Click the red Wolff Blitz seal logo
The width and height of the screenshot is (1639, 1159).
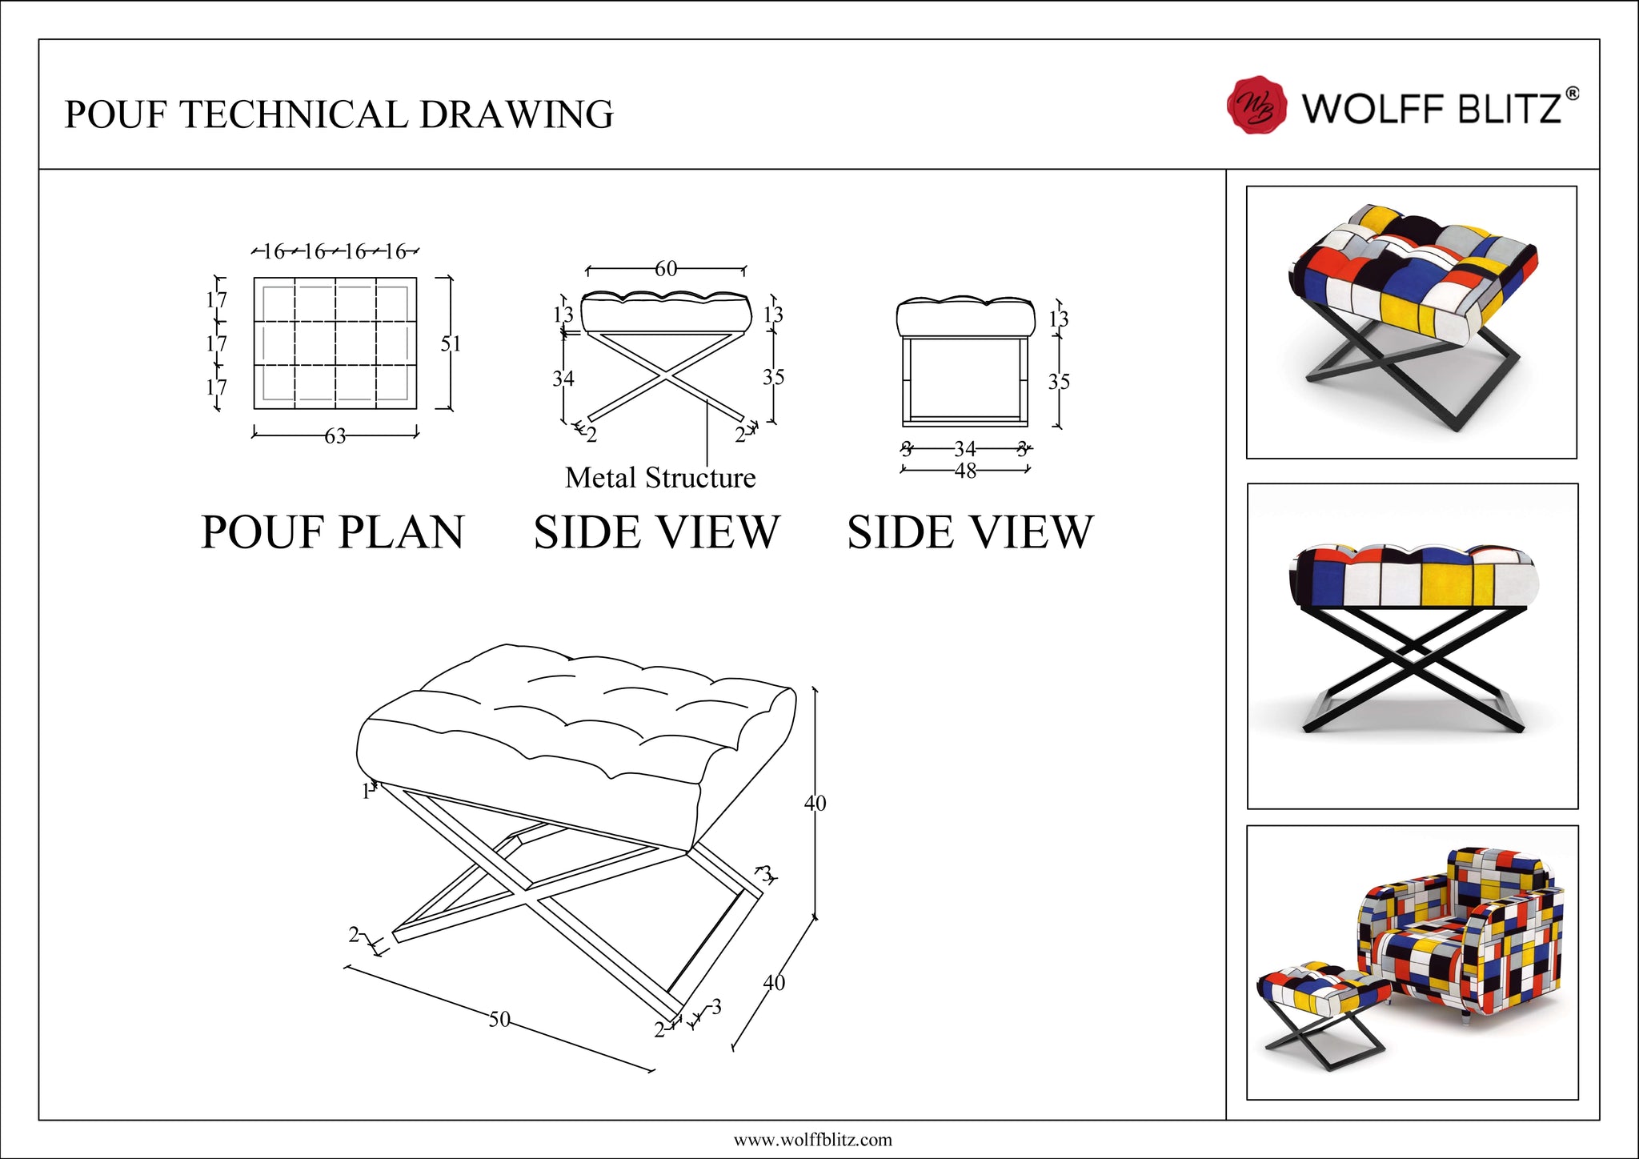(x=1256, y=106)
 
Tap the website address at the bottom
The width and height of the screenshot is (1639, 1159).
(x=812, y=1140)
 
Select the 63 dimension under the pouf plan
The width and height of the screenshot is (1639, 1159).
(x=335, y=436)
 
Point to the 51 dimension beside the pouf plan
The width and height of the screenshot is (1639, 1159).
(x=451, y=343)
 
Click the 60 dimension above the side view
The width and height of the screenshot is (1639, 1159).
(x=666, y=269)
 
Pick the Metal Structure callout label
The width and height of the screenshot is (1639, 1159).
(x=660, y=478)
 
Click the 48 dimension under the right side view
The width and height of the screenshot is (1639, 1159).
(x=965, y=471)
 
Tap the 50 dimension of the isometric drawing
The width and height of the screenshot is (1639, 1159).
(x=499, y=1019)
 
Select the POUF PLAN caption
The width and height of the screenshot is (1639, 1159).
(x=332, y=532)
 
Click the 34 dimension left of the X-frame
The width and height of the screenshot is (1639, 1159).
(x=563, y=378)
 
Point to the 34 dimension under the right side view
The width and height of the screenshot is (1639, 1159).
(x=965, y=449)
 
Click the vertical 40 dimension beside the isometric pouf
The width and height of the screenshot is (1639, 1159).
(x=815, y=803)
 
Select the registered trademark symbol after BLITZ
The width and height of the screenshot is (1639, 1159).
(x=1572, y=94)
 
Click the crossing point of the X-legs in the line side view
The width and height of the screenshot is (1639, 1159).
(x=666, y=374)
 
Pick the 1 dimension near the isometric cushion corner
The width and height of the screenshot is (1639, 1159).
(x=366, y=792)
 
